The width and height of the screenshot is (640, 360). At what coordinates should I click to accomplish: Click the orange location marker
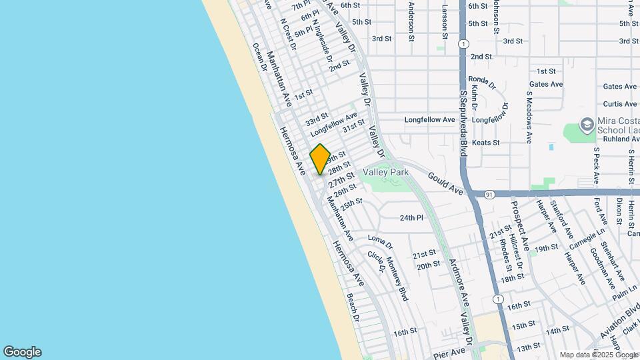tap(320, 159)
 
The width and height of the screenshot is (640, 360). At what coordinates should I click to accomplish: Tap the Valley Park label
tap(385, 172)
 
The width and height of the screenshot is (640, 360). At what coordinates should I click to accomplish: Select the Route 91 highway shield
tap(490, 194)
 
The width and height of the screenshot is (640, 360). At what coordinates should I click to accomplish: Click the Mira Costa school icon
tap(586, 125)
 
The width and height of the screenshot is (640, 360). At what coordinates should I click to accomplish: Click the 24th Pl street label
tap(411, 218)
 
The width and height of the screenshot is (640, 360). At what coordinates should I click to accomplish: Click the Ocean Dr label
tap(259, 59)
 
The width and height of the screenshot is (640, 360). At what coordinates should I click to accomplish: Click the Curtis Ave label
tap(619, 104)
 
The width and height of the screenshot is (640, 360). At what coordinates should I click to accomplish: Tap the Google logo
tap(22, 352)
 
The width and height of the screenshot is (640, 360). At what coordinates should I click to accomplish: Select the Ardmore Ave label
tap(461, 283)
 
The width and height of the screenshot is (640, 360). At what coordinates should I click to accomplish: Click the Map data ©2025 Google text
tap(598, 355)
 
